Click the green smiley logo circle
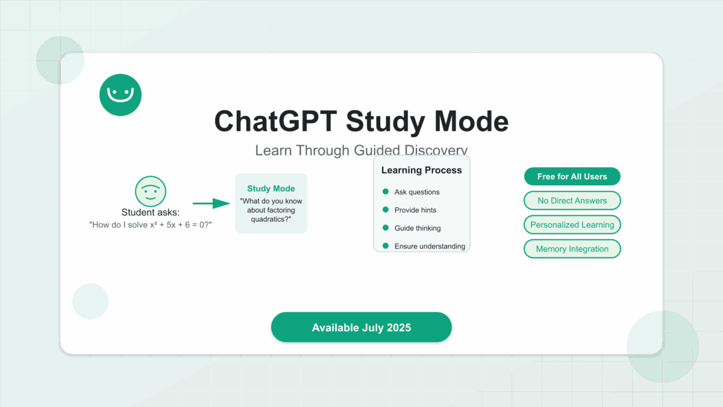tap(120, 95)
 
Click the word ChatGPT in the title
tap(276, 121)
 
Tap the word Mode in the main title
tap(471, 121)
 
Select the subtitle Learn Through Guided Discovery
tap(361, 150)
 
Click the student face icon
tap(151, 191)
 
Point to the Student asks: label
tap(151, 212)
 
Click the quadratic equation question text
tap(151, 225)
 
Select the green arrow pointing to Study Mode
tap(211, 203)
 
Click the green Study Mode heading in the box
tap(271, 188)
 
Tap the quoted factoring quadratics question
tap(271, 210)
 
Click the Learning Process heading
tap(422, 170)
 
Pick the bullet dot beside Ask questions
tap(386, 192)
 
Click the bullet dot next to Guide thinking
tap(386, 228)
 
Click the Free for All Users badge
tap(572, 176)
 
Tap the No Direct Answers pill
tap(572, 201)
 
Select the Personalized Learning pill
tap(572, 225)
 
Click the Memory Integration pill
tap(572, 248)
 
